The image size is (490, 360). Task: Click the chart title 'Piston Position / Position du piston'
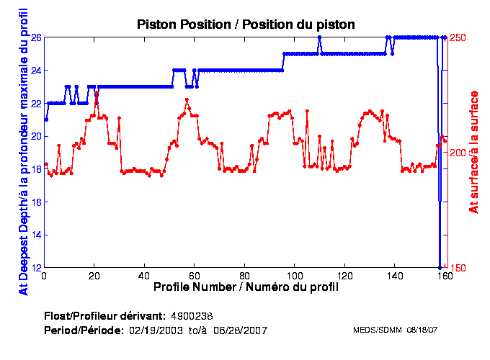246,24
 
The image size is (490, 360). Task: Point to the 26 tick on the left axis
35,37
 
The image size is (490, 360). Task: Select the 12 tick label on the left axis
35,268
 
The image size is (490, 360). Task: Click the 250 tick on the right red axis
458,37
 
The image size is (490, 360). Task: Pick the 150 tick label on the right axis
458,268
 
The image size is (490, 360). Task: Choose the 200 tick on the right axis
458,153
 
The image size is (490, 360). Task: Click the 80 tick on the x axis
245,275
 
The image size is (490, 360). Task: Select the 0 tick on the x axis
45,275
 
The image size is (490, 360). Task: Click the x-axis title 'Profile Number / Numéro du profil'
246,287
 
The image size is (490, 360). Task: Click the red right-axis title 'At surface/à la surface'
474,151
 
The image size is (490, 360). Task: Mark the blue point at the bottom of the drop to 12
440,267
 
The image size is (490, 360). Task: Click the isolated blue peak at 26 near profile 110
319,37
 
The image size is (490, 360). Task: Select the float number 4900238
191,316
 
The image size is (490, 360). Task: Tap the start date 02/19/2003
154,330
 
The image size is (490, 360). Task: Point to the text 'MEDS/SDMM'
373,330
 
